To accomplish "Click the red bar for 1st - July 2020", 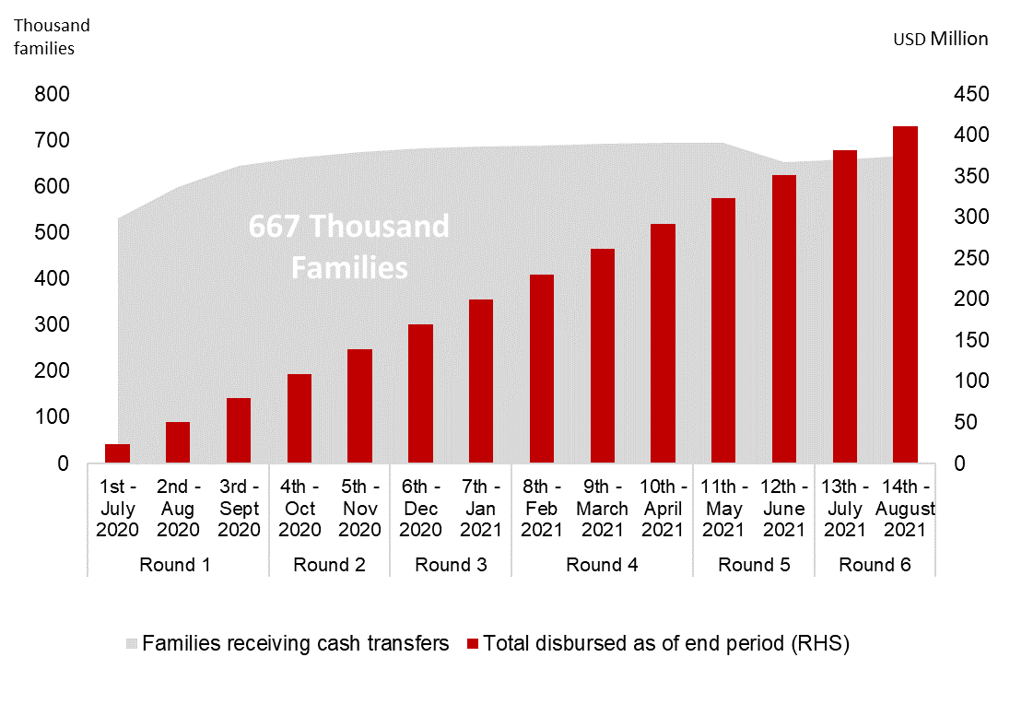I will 117,453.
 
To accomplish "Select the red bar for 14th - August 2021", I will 905,295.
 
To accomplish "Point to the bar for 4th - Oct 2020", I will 299,418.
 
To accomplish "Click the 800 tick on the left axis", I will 52,95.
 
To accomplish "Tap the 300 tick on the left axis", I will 52,325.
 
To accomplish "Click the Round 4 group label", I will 602,565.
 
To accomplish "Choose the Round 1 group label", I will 175,565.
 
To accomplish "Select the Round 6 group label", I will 875,565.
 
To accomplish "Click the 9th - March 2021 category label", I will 603,509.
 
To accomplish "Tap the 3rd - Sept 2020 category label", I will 239,509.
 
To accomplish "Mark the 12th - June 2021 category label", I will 784,509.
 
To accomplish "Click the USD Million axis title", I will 940,39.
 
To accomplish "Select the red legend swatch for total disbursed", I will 474,644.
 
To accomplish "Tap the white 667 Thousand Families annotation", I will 349,246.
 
